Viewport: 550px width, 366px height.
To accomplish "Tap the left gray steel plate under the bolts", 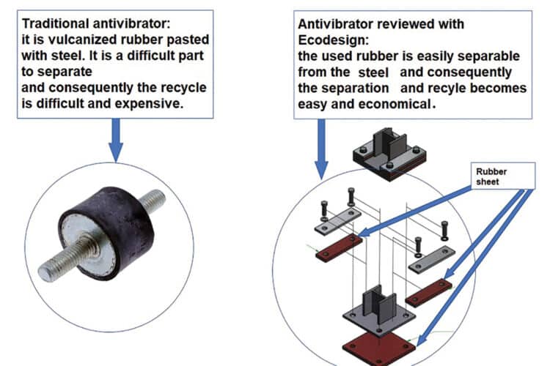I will click(x=338, y=220).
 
